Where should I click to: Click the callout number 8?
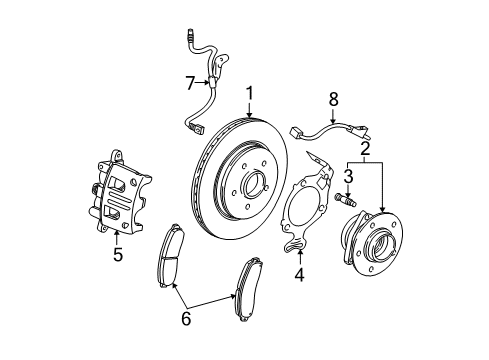(333, 98)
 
